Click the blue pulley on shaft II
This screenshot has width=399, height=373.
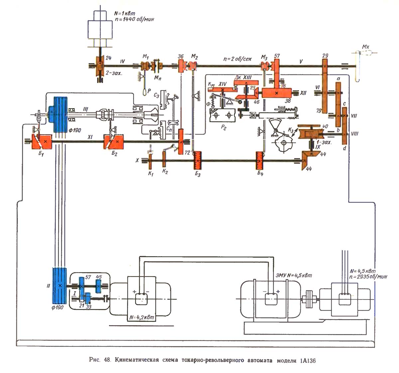(x=60, y=286)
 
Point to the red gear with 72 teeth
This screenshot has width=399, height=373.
(x=181, y=142)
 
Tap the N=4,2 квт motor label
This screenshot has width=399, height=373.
(x=141, y=317)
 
